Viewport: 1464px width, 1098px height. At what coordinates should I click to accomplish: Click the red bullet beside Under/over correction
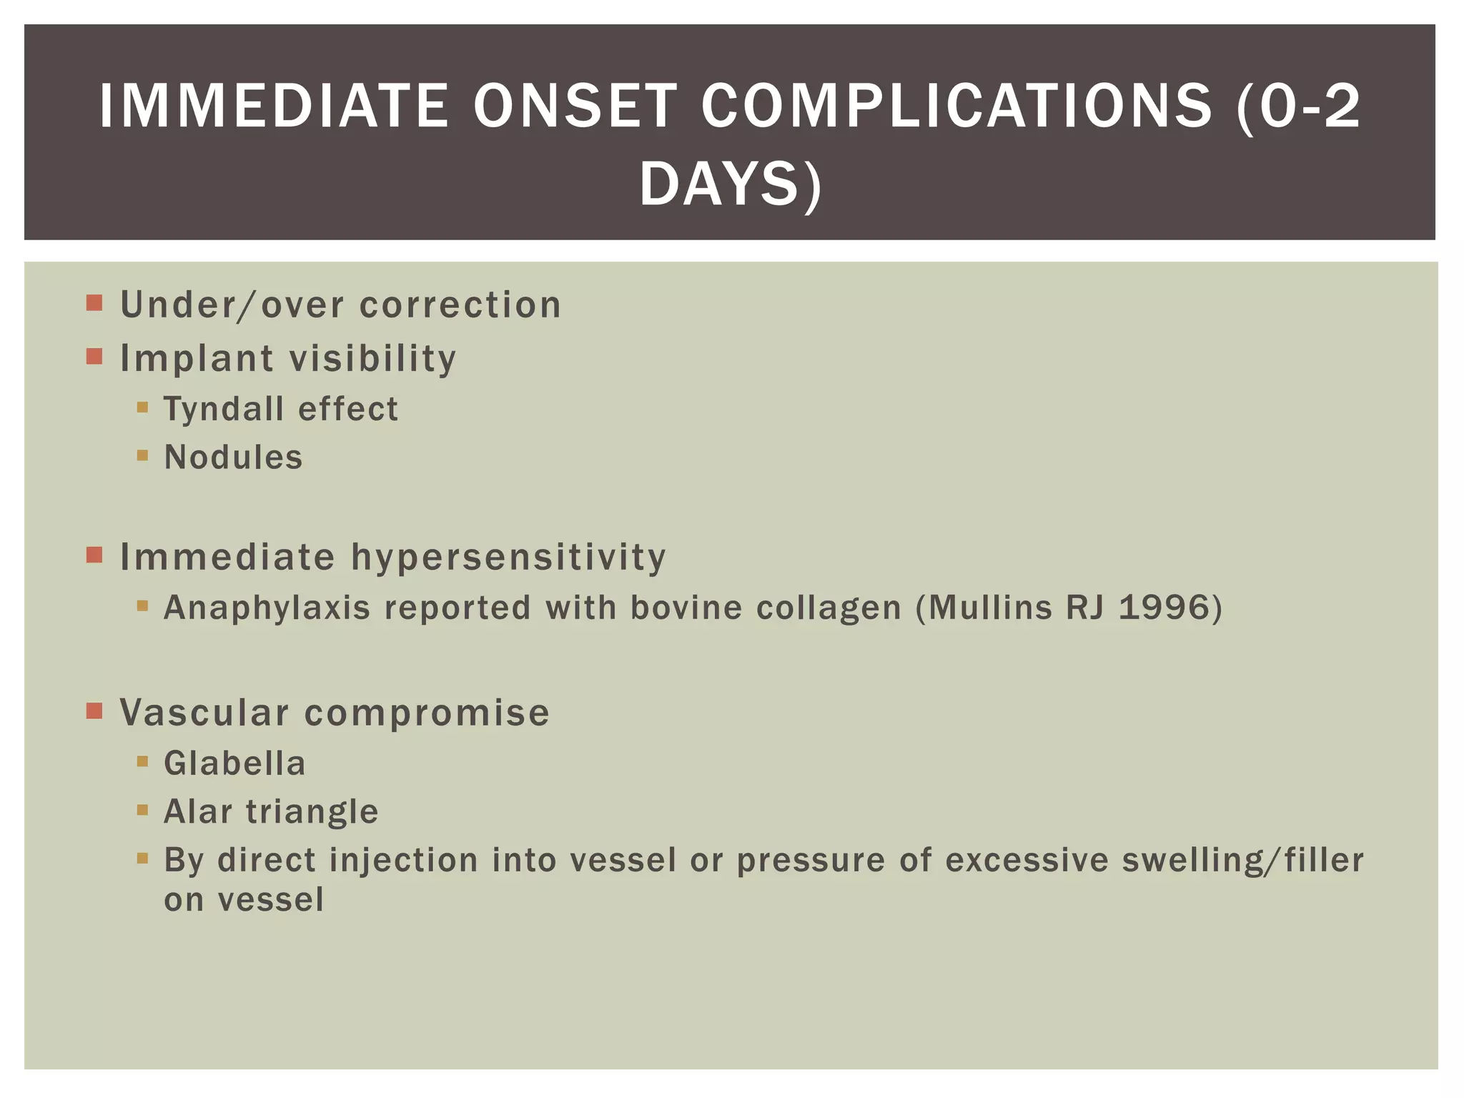pos(94,303)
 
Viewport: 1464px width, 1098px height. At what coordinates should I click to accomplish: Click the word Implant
pos(197,359)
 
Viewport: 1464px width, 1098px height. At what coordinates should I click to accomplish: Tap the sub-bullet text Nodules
pos(233,457)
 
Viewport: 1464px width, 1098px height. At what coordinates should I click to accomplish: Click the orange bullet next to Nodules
pos(142,455)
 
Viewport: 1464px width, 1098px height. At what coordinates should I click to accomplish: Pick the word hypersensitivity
pos(508,557)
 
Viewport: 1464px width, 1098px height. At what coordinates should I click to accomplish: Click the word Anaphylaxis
pos(267,608)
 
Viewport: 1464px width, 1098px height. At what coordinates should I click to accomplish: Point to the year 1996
pos(1164,608)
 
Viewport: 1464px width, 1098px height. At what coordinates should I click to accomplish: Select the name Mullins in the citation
pos(989,608)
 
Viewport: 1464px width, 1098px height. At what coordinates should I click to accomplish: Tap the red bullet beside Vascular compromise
pos(94,711)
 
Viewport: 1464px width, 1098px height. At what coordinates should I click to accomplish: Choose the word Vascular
pos(204,713)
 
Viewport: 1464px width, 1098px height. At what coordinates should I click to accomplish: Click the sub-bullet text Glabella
pos(234,763)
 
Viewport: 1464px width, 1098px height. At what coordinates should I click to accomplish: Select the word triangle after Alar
pos(312,812)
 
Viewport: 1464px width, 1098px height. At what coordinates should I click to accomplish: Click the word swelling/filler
pos(1242,860)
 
